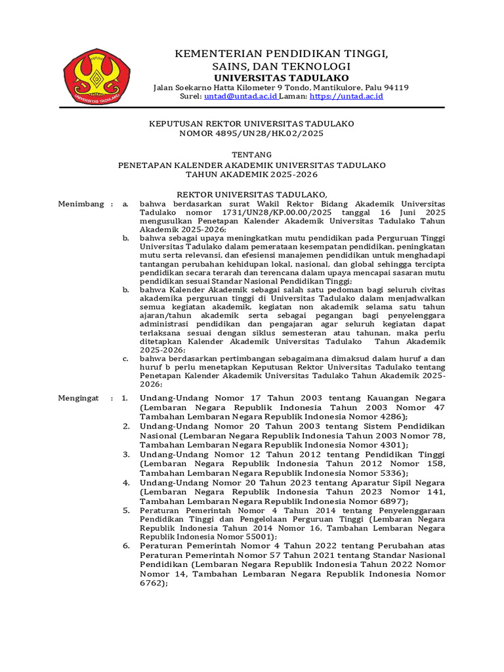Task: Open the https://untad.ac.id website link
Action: pyautogui.click(x=346, y=96)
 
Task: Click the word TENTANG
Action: pyautogui.click(x=251, y=154)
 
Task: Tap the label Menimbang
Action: pyautogui.click(x=81, y=205)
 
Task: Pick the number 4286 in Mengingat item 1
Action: pyautogui.click(x=389, y=417)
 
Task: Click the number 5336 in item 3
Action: pyautogui.click(x=389, y=472)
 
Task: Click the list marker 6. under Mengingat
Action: pyautogui.click(x=127, y=546)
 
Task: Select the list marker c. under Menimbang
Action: pyautogui.click(x=125, y=358)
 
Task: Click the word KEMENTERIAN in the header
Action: pyautogui.click(x=202, y=52)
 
